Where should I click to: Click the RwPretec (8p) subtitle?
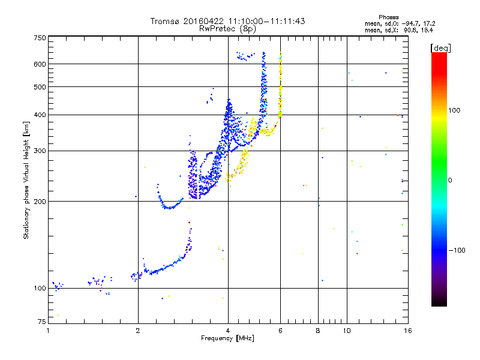pyautogui.click(x=228, y=28)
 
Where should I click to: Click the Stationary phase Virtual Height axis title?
pyautogui.click(x=26, y=180)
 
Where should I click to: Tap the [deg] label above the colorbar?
pyautogui.click(x=441, y=47)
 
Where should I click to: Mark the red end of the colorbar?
pyautogui.click(x=439, y=55)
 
